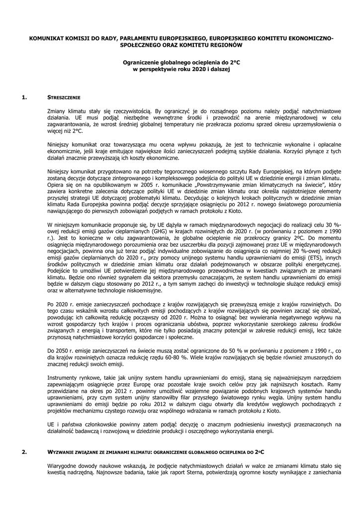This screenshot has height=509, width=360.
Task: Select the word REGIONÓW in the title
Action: [225, 45]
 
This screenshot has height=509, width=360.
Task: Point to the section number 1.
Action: [25, 97]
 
